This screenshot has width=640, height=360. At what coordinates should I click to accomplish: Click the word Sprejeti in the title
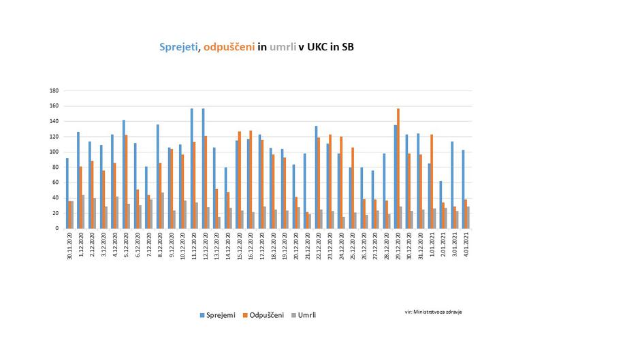click(x=178, y=47)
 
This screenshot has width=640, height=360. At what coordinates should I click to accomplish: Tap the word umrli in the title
click(x=283, y=47)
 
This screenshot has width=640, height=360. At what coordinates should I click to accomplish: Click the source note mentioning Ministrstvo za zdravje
click(x=433, y=312)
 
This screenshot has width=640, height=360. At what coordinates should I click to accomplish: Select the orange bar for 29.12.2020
click(x=398, y=168)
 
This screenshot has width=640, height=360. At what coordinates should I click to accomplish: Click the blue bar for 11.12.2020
click(x=192, y=168)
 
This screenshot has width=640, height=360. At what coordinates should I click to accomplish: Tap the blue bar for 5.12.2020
click(x=124, y=174)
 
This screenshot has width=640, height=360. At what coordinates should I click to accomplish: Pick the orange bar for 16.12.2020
click(x=251, y=179)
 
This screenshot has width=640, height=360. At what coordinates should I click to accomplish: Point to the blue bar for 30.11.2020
click(x=67, y=193)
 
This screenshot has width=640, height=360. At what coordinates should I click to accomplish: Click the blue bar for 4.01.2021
click(x=464, y=189)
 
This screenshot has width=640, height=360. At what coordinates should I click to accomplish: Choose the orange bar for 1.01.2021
click(x=432, y=181)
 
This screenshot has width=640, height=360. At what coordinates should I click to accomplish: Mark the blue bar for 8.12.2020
click(x=158, y=176)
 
